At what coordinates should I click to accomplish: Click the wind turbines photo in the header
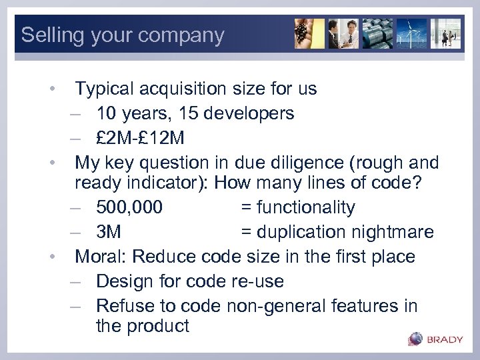click(412, 34)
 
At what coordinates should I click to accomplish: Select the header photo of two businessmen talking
click(343, 34)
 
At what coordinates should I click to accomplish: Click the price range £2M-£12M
click(141, 138)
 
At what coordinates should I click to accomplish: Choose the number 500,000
click(129, 207)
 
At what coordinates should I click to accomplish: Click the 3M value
click(109, 232)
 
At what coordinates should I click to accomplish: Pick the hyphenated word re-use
click(256, 281)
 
